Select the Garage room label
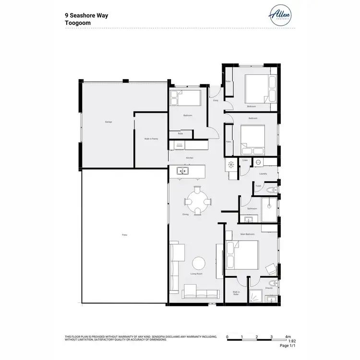(108, 122)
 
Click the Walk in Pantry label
(151, 139)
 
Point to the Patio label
(124, 235)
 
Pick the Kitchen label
(190, 158)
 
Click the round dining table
(196, 196)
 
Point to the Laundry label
(263, 174)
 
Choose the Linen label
(245, 160)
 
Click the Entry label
(216, 100)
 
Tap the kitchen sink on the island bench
(182, 170)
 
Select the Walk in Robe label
(236, 292)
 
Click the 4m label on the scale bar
(288, 337)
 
